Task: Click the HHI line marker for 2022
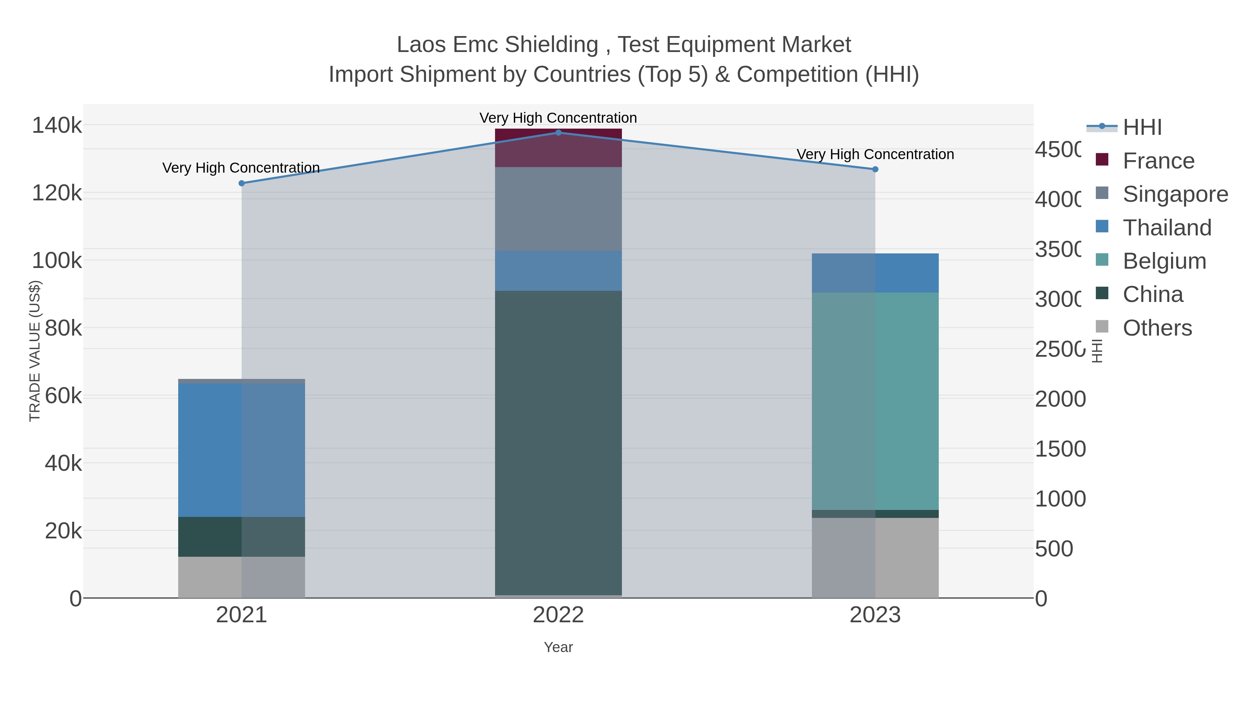click(558, 133)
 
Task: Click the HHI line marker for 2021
click(242, 183)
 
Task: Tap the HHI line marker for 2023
click(875, 169)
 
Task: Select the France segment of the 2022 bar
click(558, 148)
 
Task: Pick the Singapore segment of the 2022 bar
click(558, 209)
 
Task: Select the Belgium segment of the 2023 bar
click(875, 401)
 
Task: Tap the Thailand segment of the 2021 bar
click(242, 450)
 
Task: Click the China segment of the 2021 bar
click(242, 536)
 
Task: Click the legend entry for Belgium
click(1164, 261)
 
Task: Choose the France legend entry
click(1158, 161)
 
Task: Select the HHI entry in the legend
click(1142, 128)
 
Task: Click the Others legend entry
click(1157, 328)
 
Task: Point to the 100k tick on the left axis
click(57, 261)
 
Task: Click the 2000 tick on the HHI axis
click(1060, 399)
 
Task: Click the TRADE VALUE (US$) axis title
click(35, 351)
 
